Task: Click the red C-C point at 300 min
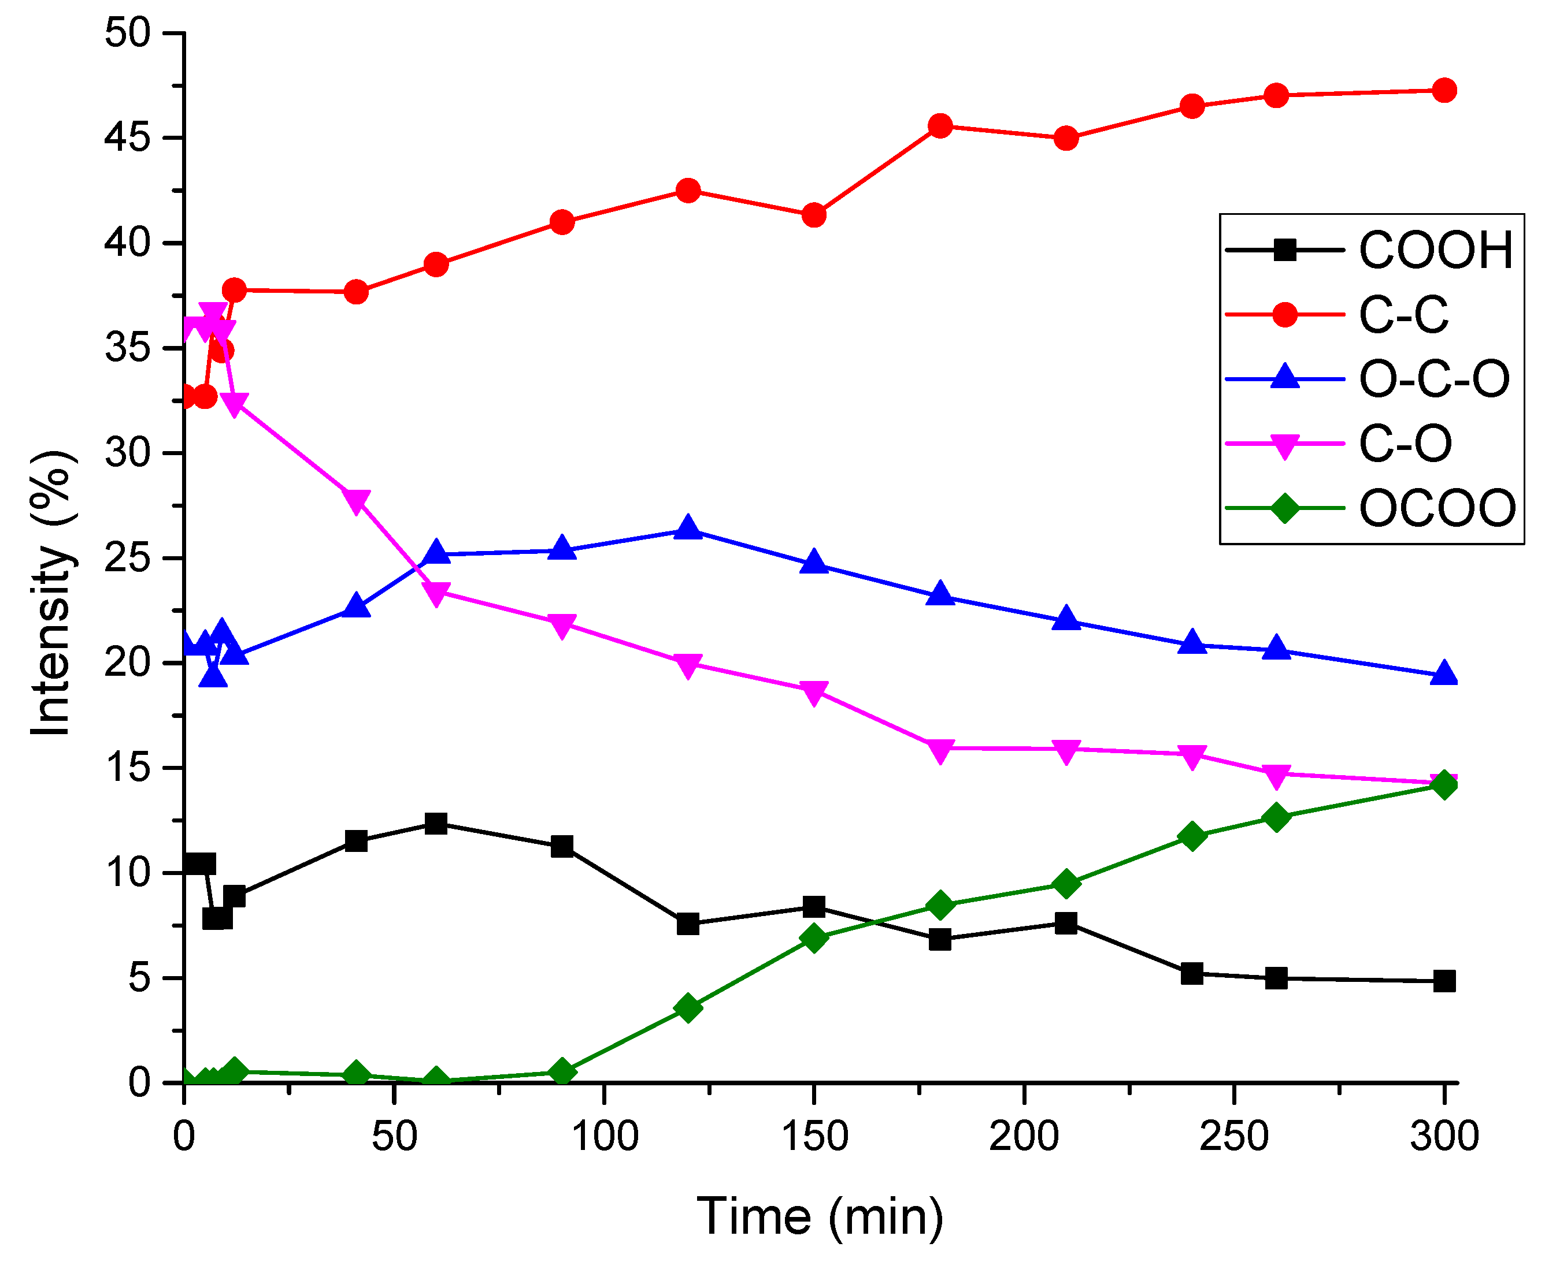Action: pos(1444,91)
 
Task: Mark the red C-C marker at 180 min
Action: pos(940,126)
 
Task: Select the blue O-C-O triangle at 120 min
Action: pos(687,527)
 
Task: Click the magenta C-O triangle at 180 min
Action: pos(940,750)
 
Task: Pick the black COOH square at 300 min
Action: pos(1444,981)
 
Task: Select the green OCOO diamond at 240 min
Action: pos(1192,836)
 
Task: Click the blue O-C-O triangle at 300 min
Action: pos(1444,673)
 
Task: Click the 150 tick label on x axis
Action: pos(814,1137)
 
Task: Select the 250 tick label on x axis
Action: pos(1233,1137)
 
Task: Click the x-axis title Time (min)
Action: pos(820,1218)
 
